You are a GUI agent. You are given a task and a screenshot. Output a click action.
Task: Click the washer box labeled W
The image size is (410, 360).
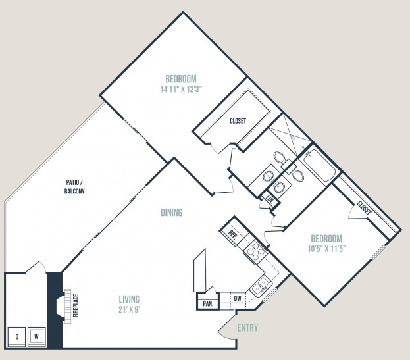[x=37, y=337]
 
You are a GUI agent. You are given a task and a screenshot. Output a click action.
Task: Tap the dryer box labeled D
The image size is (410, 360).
[x=16, y=337]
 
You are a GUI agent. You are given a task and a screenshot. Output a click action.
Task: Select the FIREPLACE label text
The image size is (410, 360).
[x=76, y=306]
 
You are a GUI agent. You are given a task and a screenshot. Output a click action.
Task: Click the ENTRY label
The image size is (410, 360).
[x=247, y=328]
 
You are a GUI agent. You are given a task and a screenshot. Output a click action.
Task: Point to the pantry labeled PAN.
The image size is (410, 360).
[x=208, y=304]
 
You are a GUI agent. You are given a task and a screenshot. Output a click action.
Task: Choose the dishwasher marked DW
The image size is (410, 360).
[x=238, y=299]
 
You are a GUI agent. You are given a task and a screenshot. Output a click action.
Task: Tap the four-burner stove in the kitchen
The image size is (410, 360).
[x=255, y=250]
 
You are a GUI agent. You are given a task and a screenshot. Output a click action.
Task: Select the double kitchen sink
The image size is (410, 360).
[x=261, y=287]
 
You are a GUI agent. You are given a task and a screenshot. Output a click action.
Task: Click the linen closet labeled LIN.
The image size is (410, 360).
[x=270, y=200]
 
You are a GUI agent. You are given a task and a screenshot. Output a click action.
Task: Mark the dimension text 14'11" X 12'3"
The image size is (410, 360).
[x=182, y=90]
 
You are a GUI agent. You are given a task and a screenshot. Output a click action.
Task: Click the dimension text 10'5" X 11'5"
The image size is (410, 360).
[x=327, y=249]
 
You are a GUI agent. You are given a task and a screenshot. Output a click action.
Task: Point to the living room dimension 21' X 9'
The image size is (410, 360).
[x=129, y=310]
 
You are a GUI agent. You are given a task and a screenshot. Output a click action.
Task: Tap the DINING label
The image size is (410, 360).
[x=172, y=213]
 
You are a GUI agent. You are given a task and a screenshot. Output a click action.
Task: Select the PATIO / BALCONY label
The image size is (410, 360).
[x=74, y=187]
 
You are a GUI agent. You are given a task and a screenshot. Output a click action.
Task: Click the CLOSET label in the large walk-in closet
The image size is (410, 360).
[x=238, y=121]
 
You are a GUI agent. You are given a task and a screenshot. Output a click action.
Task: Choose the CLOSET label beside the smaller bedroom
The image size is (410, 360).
[x=364, y=207]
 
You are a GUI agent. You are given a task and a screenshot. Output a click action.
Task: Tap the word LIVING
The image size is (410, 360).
[x=129, y=299]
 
